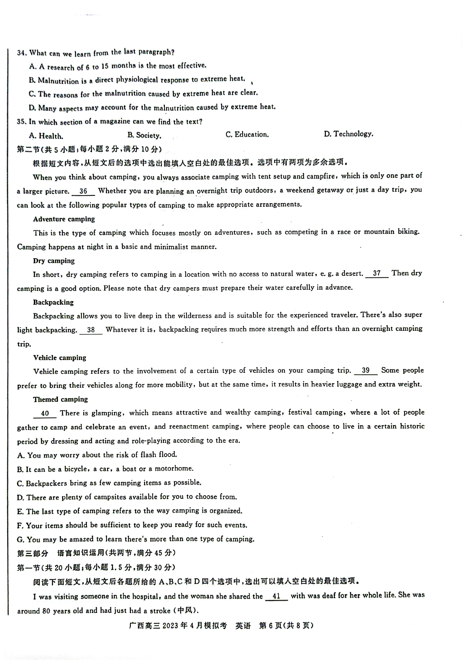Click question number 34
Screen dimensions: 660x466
(x=22, y=53)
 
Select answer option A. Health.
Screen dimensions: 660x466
(x=46, y=136)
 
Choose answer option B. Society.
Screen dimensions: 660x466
(x=144, y=135)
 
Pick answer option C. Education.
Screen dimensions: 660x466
(x=247, y=135)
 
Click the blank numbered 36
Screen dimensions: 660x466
(x=83, y=192)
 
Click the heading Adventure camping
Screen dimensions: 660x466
(x=64, y=219)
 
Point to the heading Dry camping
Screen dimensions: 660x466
(x=54, y=261)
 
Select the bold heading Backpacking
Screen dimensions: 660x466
(x=53, y=302)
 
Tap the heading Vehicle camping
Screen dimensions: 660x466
(x=59, y=358)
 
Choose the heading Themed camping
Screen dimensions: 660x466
(x=60, y=399)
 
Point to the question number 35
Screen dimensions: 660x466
(x=22, y=122)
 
